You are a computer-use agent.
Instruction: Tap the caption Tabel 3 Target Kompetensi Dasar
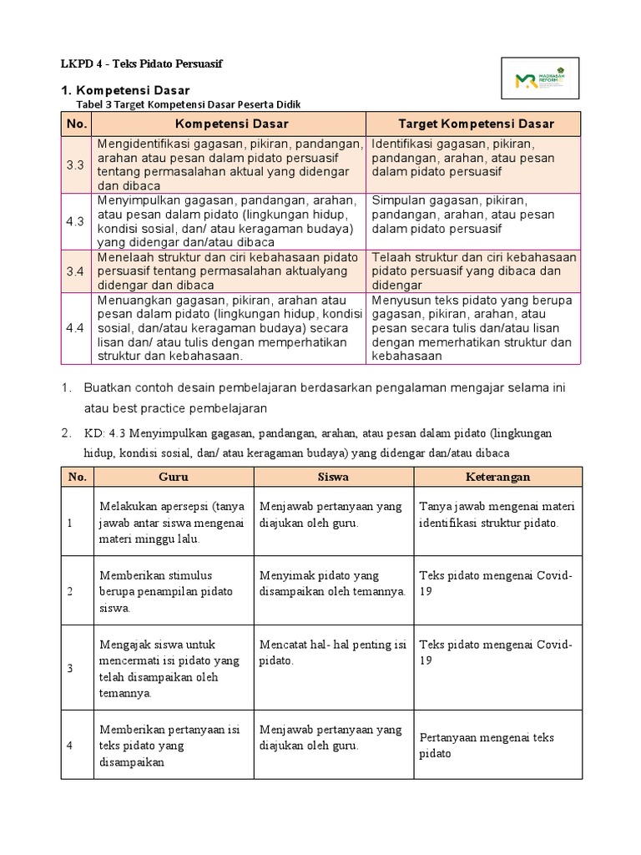[x=188, y=104]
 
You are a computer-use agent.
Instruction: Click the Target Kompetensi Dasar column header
[x=476, y=124]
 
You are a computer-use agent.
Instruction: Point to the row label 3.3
[x=76, y=165]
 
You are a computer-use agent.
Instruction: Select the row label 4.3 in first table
[x=76, y=220]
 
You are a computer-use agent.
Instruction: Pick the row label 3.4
[x=76, y=271]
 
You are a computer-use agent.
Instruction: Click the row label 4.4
[x=76, y=329]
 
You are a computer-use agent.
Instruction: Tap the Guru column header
[x=174, y=477]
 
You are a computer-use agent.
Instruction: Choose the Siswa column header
[x=333, y=477]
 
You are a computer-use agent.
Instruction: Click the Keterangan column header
[x=498, y=477]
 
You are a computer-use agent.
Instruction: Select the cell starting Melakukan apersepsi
[x=172, y=522]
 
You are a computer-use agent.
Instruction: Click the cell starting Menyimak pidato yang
[x=331, y=583]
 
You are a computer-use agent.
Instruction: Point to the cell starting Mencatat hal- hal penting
[x=331, y=652]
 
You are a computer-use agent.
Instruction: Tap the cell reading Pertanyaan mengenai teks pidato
[x=487, y=745]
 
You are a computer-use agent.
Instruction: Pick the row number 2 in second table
[x=71, y=591]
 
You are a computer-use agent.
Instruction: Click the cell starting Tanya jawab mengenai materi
[x=497, y=514]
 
